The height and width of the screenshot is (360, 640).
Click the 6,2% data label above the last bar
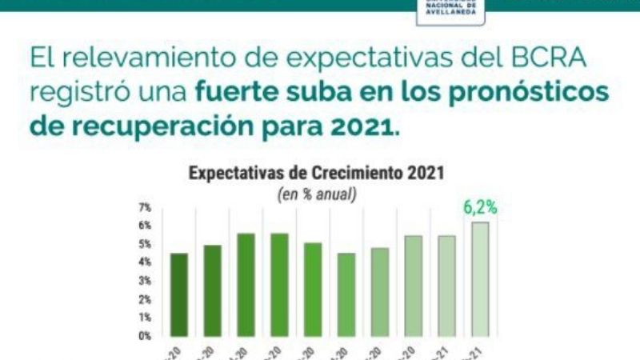480,208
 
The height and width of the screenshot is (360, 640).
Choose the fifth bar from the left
313,289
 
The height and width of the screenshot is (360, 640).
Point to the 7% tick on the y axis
145,207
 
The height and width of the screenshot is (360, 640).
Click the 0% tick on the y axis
145,336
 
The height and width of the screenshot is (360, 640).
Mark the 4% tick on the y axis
145,262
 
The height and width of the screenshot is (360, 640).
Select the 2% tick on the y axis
145,299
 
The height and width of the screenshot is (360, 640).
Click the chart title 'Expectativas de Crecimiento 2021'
316,174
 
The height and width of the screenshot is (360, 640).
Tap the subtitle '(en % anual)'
316,194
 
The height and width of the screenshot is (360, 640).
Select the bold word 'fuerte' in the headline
232,92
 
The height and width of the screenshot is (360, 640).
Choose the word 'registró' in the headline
75,94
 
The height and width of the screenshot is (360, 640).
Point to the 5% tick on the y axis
145,244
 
